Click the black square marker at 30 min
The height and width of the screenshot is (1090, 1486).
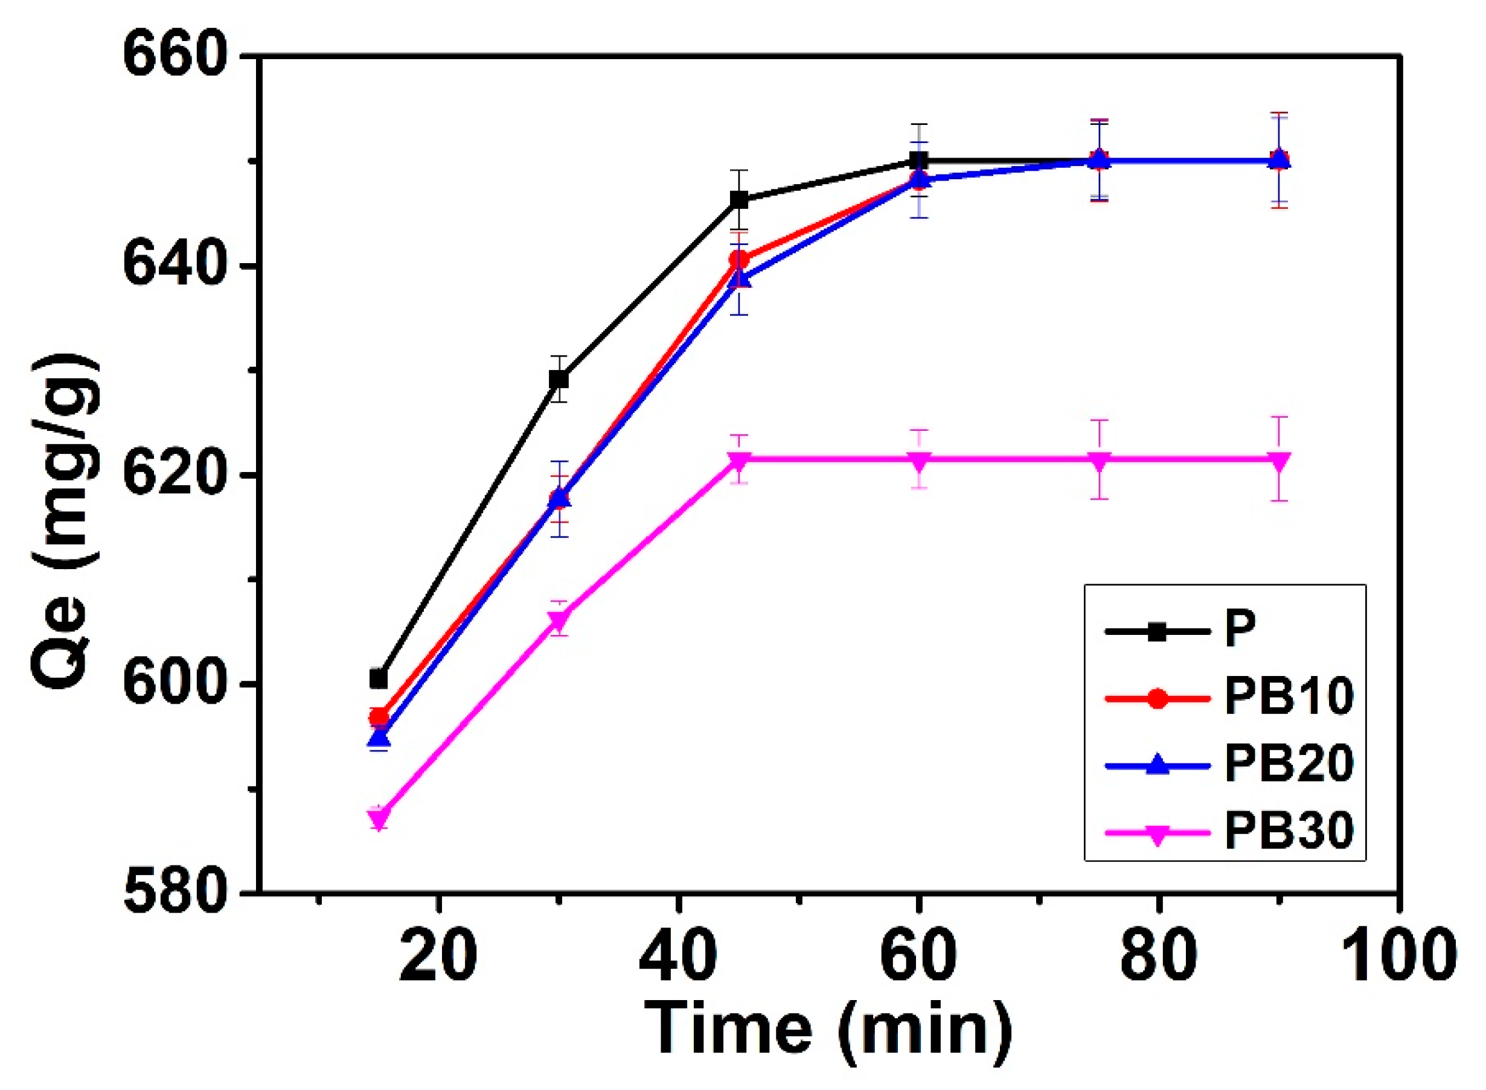(559, 379)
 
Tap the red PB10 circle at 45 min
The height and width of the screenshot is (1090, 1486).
(739, 260)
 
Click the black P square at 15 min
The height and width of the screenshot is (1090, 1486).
(378, 678)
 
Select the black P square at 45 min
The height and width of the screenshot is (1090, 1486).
(739, 199)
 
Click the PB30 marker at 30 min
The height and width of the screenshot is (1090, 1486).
(559, 619)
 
